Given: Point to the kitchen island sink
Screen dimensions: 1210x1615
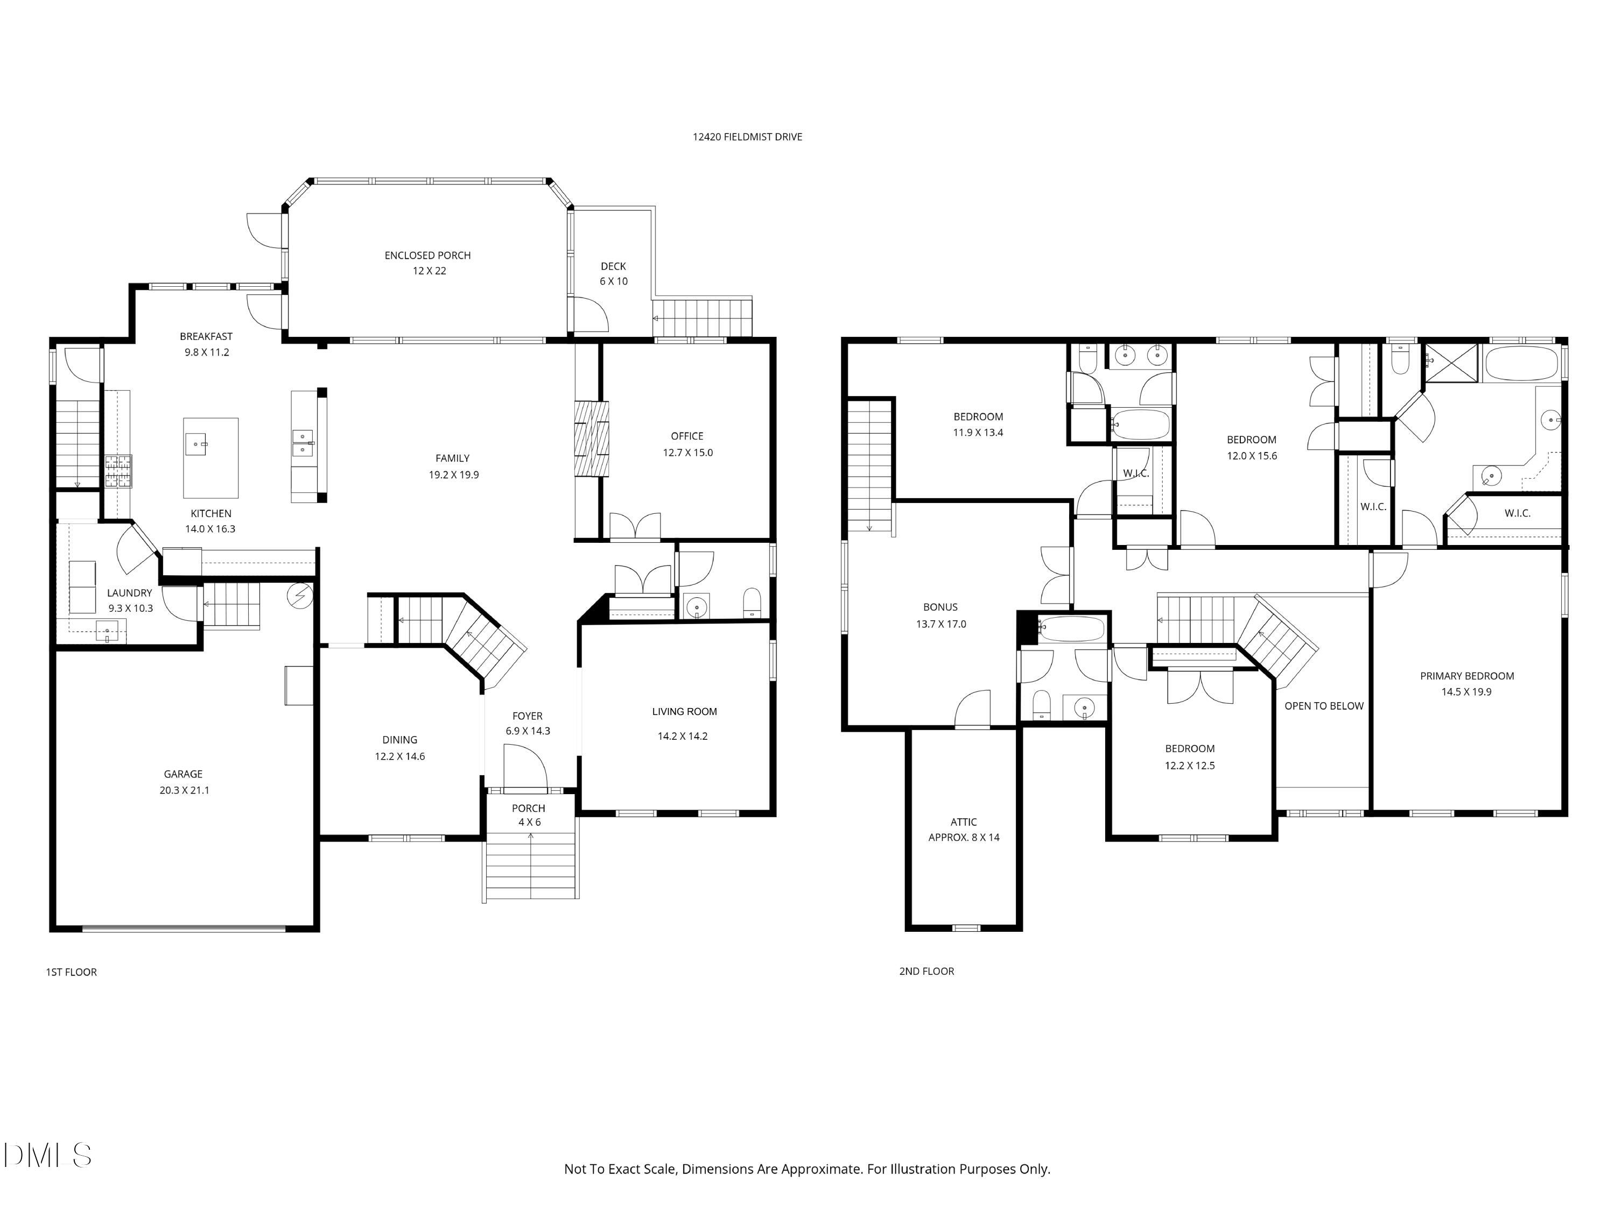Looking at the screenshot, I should tap(195, 443).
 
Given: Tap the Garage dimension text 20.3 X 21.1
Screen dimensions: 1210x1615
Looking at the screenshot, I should tap(184, 790).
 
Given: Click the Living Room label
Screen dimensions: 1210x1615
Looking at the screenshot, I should tap(684, 712).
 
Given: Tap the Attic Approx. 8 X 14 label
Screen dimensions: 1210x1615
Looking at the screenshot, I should tap(964, 830).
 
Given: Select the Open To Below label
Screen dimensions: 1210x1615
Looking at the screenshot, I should tap(1324, 706).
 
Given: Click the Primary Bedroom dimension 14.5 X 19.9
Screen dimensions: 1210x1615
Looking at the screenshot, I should tap(1466, 692).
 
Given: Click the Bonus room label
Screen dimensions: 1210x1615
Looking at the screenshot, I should tap(940, 607).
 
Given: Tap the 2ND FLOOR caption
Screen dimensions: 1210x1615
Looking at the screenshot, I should tap(926, 971).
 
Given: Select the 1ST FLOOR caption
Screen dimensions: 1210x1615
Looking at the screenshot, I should tap(71, 971).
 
